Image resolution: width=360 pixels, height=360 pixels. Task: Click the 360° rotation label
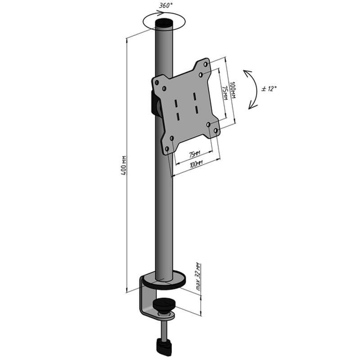pyautogui.click(x=166, y=5)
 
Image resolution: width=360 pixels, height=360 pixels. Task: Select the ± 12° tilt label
pyautogui.click(x=269, y=89)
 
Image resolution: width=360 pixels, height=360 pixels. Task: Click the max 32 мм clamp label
pyautogui.click(x=198, y=277)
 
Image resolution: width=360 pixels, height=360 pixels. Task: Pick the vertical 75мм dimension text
pyautogui.click(x=225, y=93)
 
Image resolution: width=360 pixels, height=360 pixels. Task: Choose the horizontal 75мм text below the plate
pyautogui.click(x=194, y=154)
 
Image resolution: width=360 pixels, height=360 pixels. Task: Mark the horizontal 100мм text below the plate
pyautogui.click(x=196, y=164)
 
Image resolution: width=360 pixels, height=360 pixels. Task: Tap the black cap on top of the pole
pyautogui.click(x=164, y=23)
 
